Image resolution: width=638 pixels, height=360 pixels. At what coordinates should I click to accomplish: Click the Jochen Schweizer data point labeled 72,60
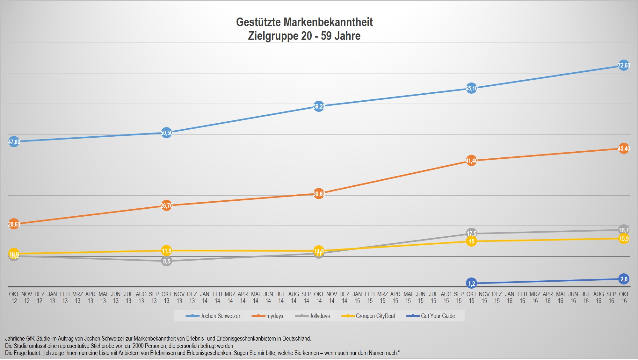click(624, 66)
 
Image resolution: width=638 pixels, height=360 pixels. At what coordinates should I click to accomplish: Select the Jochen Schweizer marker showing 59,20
click(319, 106)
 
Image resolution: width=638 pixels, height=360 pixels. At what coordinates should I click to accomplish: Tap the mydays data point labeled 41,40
click(471, 161)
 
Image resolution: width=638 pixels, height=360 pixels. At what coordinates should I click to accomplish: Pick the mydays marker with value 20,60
click(14, 224)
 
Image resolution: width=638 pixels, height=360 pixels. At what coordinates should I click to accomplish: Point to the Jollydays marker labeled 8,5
click(166, 261)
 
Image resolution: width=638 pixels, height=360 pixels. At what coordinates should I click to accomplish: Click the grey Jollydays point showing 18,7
click(624, 230)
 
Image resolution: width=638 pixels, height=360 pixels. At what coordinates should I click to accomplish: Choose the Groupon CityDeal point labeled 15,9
click(624, 239)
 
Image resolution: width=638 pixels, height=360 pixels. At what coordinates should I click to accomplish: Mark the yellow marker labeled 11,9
click(166, 251)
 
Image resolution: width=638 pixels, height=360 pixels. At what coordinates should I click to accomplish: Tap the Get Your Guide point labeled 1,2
click(471, 283)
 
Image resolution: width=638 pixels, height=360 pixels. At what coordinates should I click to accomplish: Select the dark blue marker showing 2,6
click(624, 279)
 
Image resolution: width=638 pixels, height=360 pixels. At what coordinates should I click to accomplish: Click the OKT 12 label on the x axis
click(14, 297)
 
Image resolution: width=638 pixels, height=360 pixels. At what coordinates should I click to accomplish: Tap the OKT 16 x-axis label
click(624, 297)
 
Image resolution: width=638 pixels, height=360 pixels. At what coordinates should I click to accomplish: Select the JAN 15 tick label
click(357, 297)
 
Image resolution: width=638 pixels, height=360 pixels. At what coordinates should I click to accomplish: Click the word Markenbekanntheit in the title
click(328, 22)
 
